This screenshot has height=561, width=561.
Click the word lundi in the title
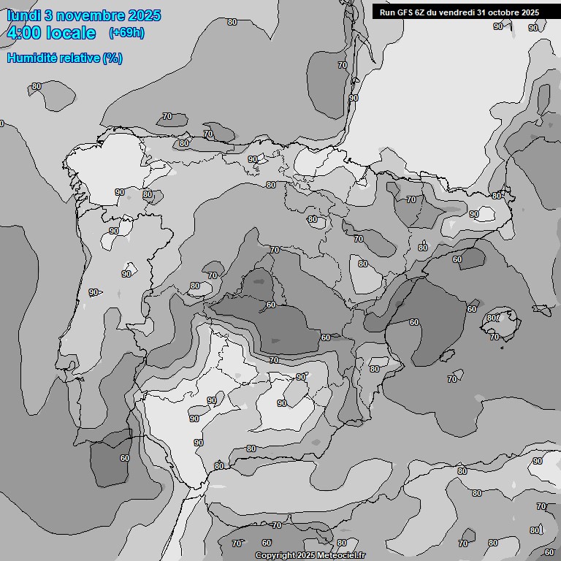point(23,15)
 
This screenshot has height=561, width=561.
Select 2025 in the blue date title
point(144,15)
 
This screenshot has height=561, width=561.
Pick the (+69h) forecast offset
point(126,33)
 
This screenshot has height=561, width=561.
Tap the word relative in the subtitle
point(80,58)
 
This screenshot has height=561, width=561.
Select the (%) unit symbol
point(112,58)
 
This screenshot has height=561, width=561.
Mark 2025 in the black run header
point(530,12)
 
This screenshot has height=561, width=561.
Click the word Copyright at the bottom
point(275,555)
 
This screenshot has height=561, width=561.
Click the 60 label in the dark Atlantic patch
point(124,458)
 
